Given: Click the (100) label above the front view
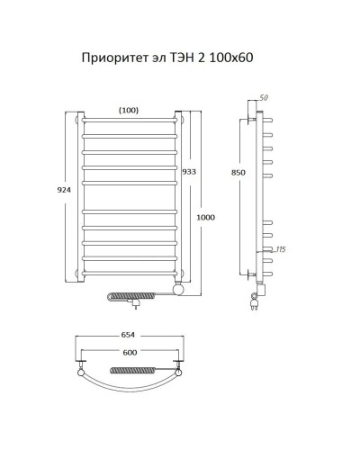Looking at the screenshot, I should pos(128,110).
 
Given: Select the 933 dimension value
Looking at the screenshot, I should pos(189,172).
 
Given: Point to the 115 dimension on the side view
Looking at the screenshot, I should pos(279,249).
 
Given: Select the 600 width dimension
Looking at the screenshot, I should pos(130,353).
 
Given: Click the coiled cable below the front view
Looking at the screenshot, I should pos(135,294).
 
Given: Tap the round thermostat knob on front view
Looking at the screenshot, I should pos(180,288).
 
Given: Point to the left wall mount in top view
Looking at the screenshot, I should pos(82,369).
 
